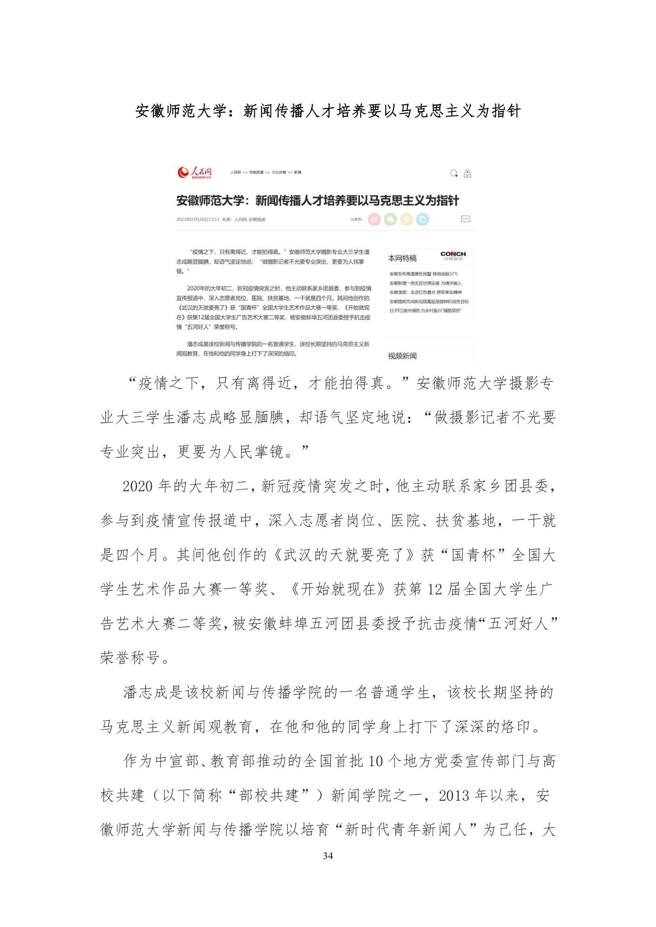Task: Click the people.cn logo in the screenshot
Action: pyautogui.click(x=195, y=172)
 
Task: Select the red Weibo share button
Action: pyautogui.click(x=374, y=219)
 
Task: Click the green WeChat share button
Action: pyautogui.click(x=390, y=219)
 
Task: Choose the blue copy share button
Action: pyautogui.click(x=423, y=219)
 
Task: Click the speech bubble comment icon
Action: pyautogui.click(x=466, y=219)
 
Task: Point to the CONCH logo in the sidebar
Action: pyautogui.click(x=453, y=255)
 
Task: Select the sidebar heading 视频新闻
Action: pyautogui.click(x=402, y=356)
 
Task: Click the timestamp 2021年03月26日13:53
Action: pyautogui.click(x=198, y=220)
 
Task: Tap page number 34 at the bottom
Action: pyautogui.click(x=328, y=855)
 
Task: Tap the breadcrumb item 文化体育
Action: pyautogui.click(x=279, y=172)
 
